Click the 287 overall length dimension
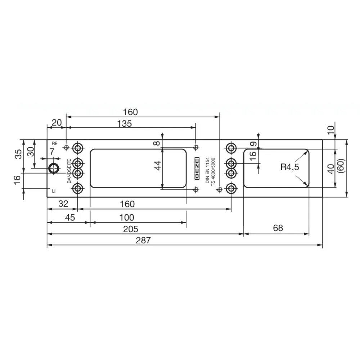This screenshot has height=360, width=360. pyautogui.click(x=143, y=240)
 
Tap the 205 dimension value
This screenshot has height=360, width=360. pyautogui.click(x=131, y=229)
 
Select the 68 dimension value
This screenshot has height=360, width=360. pyautogui.click(x=278, y=228)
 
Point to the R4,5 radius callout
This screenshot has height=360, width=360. pyautogui.click(x=290, y=167)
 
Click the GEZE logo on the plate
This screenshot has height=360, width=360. pyautogui.click(x=197, y=168)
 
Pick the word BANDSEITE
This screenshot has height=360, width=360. pyautogui.click(x=69, y=171)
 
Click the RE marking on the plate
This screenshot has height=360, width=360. pyautogui.click(x=55, y=144)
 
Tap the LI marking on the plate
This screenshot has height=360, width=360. pyautogui.click(x=54, y=191)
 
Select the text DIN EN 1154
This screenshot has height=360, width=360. pyautogui.click(x=208, y=170)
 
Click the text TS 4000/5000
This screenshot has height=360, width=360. pyautogui.click(x=213, y=171)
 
